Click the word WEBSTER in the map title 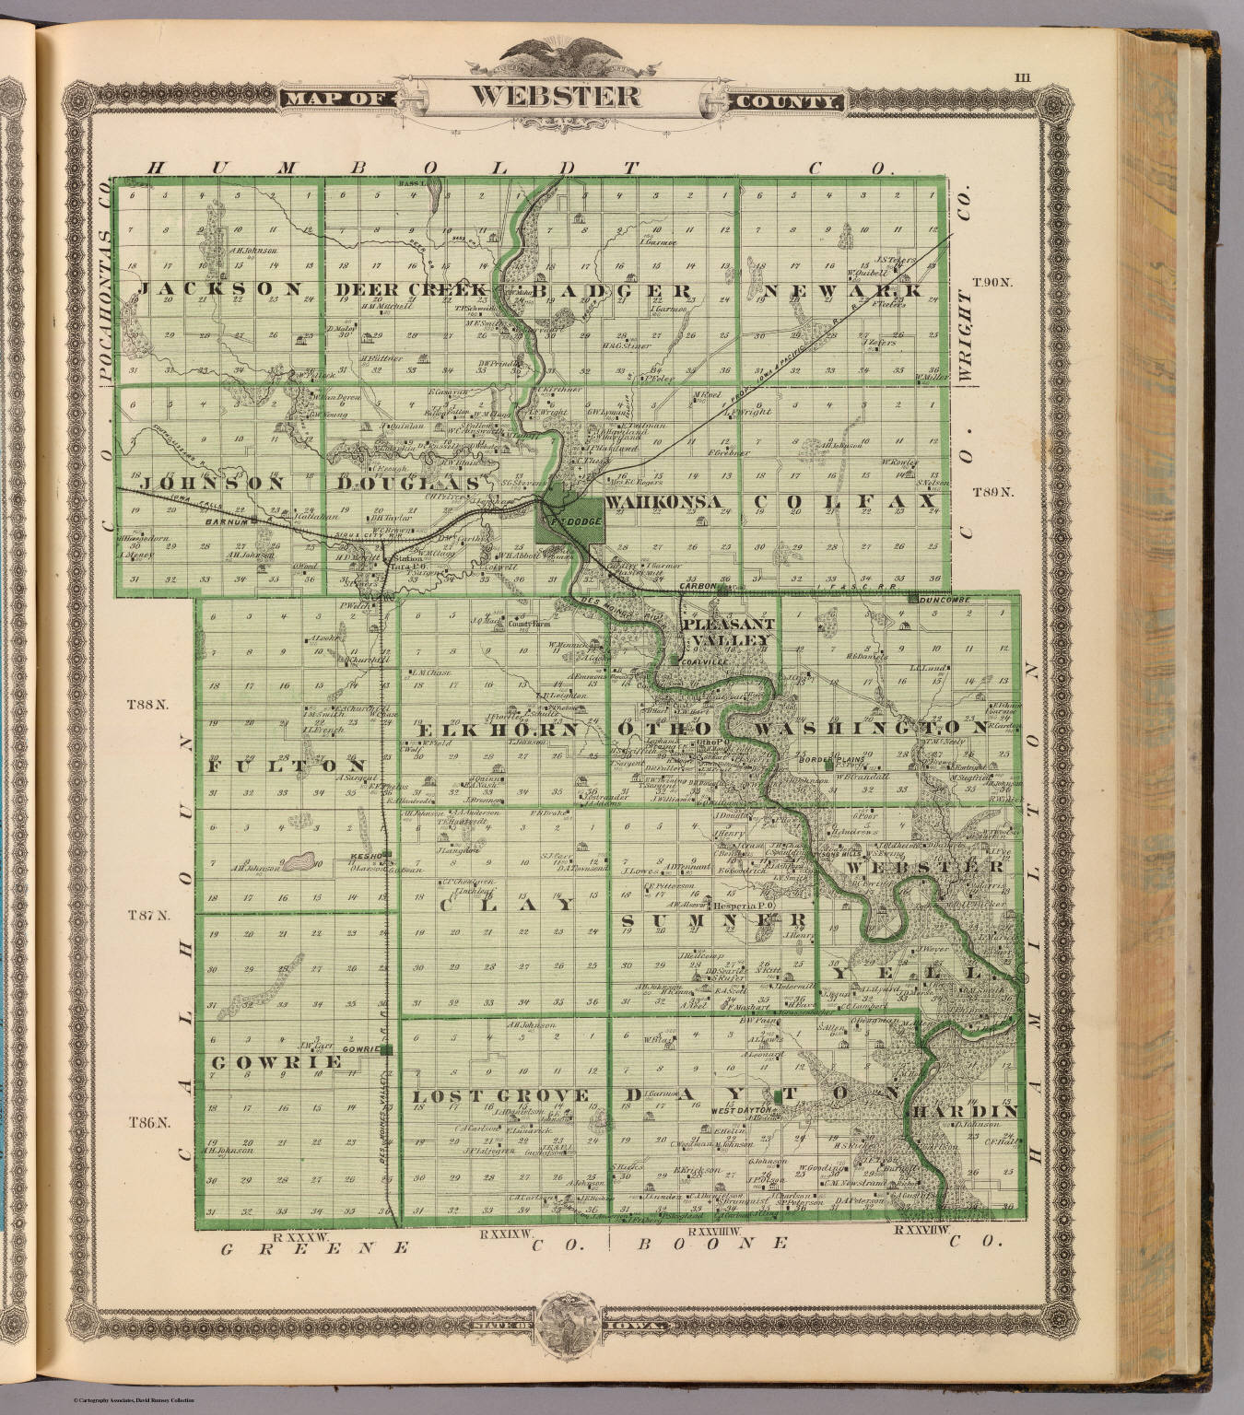(561, 94)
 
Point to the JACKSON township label (221, 289)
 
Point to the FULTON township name (289, 766)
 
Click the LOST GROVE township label (500, 1095)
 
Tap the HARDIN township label (966, 1112)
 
